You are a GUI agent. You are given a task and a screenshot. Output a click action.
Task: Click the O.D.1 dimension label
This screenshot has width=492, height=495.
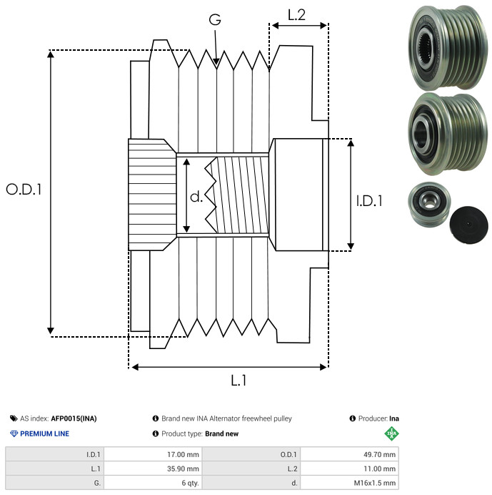tap(24, 190)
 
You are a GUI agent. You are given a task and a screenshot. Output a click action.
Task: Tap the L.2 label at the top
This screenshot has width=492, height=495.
tap(297, 14)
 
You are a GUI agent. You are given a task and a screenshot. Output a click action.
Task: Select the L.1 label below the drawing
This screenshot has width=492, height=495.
tap(239, 381)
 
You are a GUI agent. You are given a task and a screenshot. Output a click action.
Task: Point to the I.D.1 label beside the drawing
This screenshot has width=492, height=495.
tap(369, 201)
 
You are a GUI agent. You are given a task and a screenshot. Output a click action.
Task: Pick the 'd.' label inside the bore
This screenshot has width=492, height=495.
tap(196, 196)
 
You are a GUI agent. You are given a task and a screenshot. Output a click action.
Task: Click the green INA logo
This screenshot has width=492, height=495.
tap(391, 433)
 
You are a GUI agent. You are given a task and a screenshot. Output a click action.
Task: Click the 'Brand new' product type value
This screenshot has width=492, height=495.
tap(221, 433)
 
